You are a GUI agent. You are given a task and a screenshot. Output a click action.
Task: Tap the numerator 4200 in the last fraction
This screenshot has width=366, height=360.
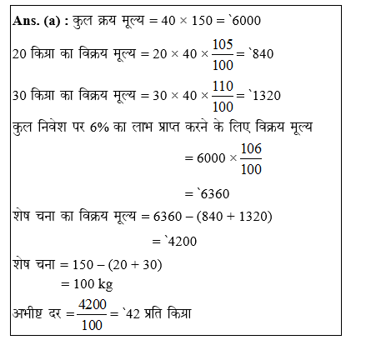(93, 306)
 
